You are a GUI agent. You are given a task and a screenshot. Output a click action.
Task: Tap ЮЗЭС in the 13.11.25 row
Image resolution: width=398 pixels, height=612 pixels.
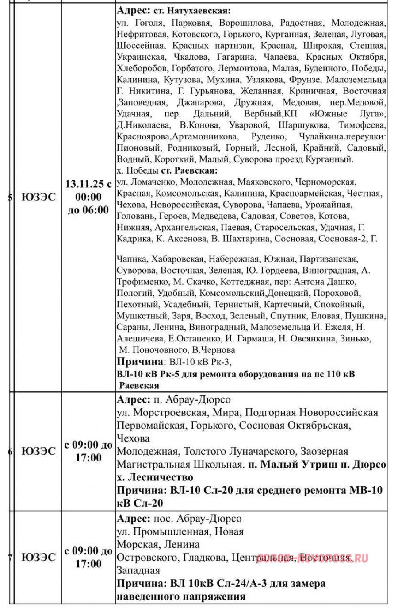[38, 197]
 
